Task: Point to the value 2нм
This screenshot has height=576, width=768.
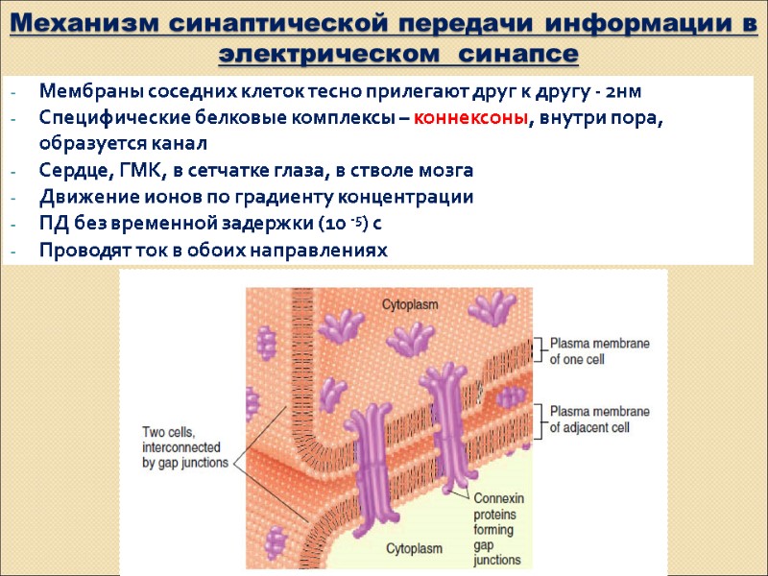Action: point(618,92)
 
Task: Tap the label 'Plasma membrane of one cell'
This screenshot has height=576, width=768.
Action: point(600,351)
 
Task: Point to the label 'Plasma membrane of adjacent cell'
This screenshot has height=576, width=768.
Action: point(600,419)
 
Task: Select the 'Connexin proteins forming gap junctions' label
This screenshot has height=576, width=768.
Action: point(496,528)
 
